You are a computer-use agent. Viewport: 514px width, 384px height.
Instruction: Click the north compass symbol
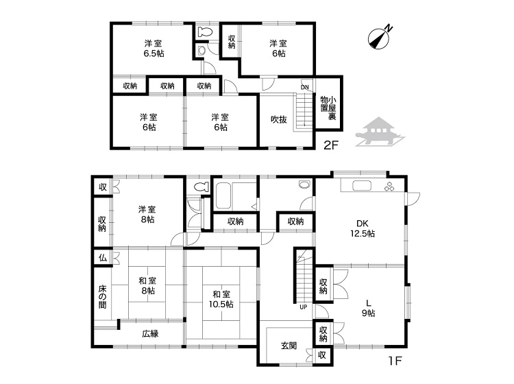[380, 38]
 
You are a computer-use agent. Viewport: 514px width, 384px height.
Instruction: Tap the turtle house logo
[380, 132]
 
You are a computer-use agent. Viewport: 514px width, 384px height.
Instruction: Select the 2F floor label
[330, 145]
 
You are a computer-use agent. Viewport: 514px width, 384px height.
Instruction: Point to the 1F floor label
[395, 361]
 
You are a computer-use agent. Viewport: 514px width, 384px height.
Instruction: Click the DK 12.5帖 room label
[363, 228]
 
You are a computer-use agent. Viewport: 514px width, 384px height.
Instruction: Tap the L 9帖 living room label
[369, 308]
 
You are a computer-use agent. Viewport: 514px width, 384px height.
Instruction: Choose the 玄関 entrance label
[289, 346]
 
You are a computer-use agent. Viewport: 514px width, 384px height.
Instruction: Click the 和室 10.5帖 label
[221, 299]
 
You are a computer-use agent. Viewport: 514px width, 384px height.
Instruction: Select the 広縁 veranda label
[151, 333]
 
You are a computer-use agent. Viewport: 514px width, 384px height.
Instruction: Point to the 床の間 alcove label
[102, 297]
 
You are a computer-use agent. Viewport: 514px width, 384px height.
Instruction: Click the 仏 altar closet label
[103, 258]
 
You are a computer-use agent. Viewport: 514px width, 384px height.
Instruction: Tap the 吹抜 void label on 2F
[279, 120]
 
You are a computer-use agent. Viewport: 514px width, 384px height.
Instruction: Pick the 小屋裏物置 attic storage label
[328, 108]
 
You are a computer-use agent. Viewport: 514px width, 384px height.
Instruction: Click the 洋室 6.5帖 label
[153, 48]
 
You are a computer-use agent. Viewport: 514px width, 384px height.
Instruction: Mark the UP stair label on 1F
[303, 307]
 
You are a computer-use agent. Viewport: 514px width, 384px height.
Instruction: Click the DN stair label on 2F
[305, 87]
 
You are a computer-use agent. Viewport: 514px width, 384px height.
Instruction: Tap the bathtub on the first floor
[223, 196]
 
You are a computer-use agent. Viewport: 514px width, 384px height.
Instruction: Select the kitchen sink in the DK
[362, 186]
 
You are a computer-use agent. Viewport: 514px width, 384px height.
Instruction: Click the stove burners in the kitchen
[389, 186]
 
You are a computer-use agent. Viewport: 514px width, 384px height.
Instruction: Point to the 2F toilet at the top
[205, 32]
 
